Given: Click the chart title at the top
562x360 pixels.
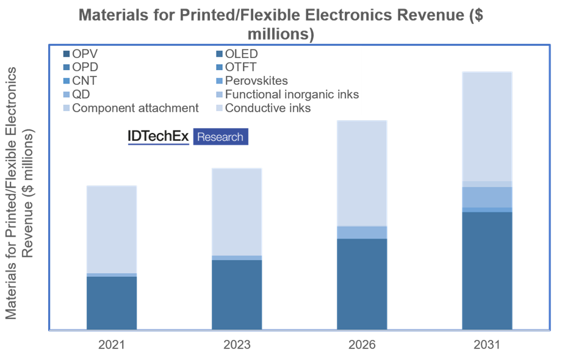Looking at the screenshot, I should click(281, 23).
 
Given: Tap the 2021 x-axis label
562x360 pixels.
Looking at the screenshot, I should click(111, 345).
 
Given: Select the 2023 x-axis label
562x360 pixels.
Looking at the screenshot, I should click(237, 345).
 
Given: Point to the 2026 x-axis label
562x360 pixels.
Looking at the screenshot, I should click(362, 345).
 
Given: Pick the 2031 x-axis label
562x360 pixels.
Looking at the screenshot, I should click(487, 345).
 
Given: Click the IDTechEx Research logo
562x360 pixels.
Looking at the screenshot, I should click(188, 137).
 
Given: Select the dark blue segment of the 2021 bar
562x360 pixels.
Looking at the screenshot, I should click(111, 303).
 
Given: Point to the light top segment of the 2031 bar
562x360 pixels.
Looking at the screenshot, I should click(487, 126).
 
